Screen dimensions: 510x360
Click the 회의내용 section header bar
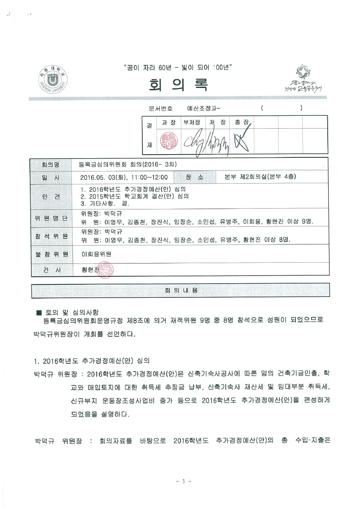pyautogui.click(x=180, y=290)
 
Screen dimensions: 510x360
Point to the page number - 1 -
pyautogui.click(x=183, y=481)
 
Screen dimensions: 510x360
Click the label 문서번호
pyautogui.click(x=160, y=108)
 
